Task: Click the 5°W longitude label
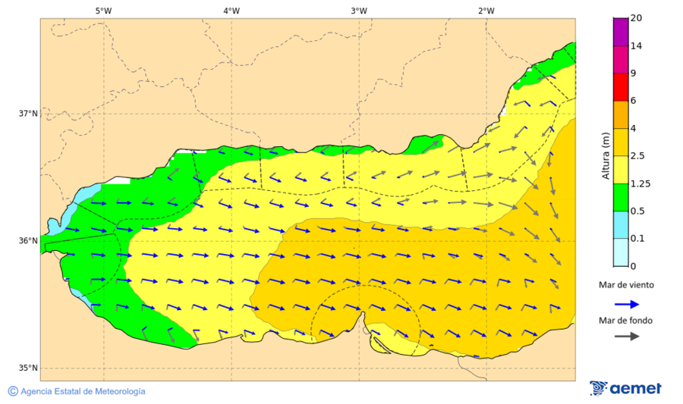click(x=104, y=11)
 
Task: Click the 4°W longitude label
click(x=231, y=11)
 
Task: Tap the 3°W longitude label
click(x=359, y=11)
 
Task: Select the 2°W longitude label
click(x=486, y=11)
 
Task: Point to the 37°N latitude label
click(x=28, y=114)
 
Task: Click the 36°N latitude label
click(x=28, y=241)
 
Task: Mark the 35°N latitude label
click(x=28, y=368)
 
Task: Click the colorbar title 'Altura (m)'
click(x=606, y=155)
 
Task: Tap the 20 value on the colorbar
click(x=637, y=19)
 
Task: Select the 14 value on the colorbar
click(x=637, y=46)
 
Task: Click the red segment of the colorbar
click(x=621, y=87)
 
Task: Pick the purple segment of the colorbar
click(x=621, y=32)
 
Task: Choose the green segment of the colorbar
click(x=621, y=197)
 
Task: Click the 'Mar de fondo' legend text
click(x=625, y=321)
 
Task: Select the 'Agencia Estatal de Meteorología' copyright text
click(x=82, y=391)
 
